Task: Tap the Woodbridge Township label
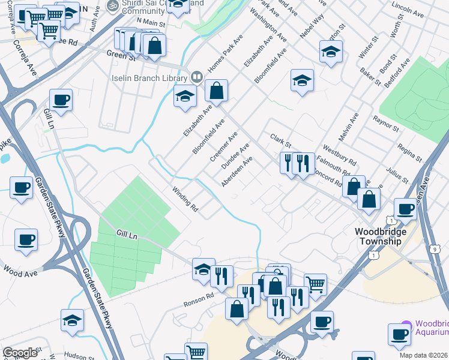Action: coord(380,236)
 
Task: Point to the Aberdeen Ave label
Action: coord(236,172)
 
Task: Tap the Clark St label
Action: coord(280,142)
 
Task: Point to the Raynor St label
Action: coord(386,124)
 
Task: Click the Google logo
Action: coord(20,353)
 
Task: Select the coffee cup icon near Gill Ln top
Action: coord(61,100)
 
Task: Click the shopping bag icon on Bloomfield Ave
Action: coord(217,91)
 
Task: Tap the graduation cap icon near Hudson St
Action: coord(72,321)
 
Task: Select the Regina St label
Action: coord(409,152)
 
